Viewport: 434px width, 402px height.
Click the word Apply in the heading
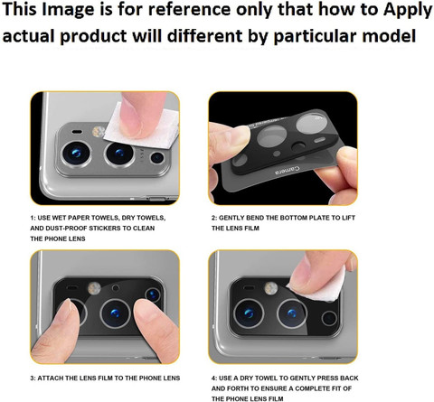point(408,10)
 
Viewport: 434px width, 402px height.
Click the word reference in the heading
point(188,9)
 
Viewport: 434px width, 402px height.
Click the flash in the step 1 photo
point(99,131)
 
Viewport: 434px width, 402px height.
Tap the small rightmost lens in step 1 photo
point(157,157)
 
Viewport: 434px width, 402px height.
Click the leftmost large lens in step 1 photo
point(76,153)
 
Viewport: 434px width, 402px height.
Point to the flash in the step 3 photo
point(94,288)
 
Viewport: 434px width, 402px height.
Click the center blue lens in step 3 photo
point(115,313)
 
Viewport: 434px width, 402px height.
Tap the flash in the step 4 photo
point(270,288)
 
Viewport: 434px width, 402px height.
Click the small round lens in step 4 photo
point(329,319)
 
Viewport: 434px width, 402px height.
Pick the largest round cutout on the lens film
point(310,123)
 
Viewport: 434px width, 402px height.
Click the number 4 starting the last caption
point(213,379)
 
